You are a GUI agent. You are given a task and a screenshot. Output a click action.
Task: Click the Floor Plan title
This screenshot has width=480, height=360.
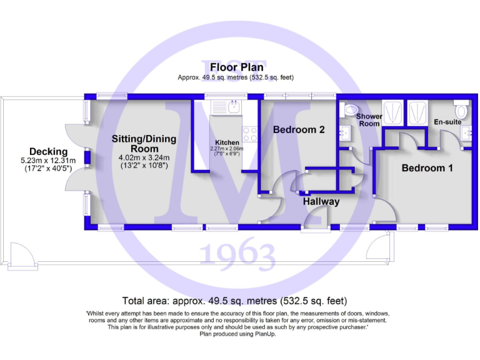(236, 67)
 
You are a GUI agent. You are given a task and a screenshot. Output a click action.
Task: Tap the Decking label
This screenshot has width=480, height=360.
(48, 152)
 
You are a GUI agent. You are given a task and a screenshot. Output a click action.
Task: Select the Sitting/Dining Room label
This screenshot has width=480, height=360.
(144, 144)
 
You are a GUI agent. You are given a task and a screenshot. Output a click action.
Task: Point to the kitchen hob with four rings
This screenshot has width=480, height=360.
(250, 134)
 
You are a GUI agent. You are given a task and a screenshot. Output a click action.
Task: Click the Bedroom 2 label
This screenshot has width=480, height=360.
(299, 130)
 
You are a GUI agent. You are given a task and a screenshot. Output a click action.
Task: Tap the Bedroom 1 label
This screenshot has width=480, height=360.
(427, 168)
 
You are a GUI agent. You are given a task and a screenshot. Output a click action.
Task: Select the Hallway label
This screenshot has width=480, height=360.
(321, 201)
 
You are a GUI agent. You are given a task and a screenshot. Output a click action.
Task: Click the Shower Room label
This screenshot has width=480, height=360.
(368, 120)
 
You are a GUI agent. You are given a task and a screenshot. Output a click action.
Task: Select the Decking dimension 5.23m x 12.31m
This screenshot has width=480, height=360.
(48, 161)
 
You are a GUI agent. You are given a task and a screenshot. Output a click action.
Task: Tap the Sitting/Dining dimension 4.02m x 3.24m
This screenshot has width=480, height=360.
(144, 157)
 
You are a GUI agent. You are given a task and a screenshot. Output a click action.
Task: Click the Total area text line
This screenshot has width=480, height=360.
(236, 301)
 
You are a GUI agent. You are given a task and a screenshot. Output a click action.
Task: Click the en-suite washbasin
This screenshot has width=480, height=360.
(466, 134)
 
